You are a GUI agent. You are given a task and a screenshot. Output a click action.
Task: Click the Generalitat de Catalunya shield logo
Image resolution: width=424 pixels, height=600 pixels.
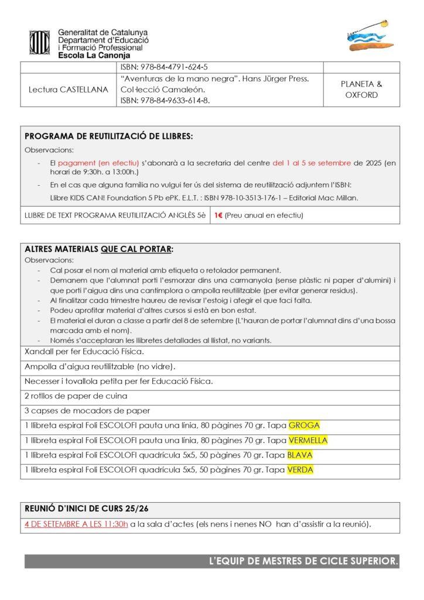pos(39,43)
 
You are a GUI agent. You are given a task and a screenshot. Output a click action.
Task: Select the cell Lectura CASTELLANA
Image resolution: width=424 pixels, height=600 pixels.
pos(69,90)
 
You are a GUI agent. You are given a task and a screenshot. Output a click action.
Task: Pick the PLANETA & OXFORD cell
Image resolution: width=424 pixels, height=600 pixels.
pos(361,90)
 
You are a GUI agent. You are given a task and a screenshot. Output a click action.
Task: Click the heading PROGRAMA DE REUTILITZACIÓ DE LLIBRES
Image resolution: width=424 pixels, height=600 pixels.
pos(109,136)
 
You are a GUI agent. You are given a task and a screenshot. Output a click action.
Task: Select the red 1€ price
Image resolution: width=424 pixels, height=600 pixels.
pos(218,215)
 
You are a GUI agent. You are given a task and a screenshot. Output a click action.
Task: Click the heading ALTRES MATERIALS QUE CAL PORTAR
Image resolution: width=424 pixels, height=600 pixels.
pos(99,249)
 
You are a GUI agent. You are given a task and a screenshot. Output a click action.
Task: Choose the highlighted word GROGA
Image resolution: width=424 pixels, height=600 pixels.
pos(304,425)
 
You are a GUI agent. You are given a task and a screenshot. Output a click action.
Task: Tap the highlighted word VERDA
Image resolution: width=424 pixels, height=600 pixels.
pos(300,469)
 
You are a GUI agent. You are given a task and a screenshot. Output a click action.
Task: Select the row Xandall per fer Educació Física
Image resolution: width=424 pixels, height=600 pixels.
pos(84,352)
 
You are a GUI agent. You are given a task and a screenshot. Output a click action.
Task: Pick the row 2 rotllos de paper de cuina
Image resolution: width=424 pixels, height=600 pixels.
pos(76,396)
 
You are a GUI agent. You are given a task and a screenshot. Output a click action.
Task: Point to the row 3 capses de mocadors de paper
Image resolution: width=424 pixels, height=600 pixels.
pos(87,410)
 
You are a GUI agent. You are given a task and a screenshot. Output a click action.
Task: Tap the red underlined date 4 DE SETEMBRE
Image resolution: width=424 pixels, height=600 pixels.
pos(76,524)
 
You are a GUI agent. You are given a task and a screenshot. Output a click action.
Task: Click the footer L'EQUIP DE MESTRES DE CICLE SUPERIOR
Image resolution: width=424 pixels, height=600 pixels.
pos(303,561)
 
